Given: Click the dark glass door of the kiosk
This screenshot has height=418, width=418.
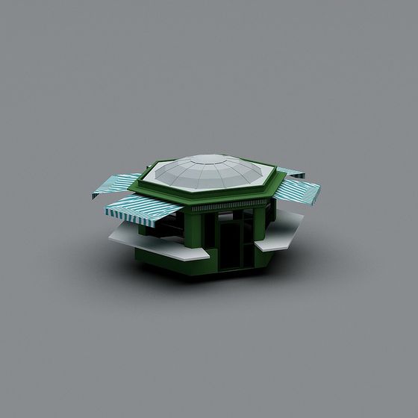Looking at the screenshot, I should [236, 243].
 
